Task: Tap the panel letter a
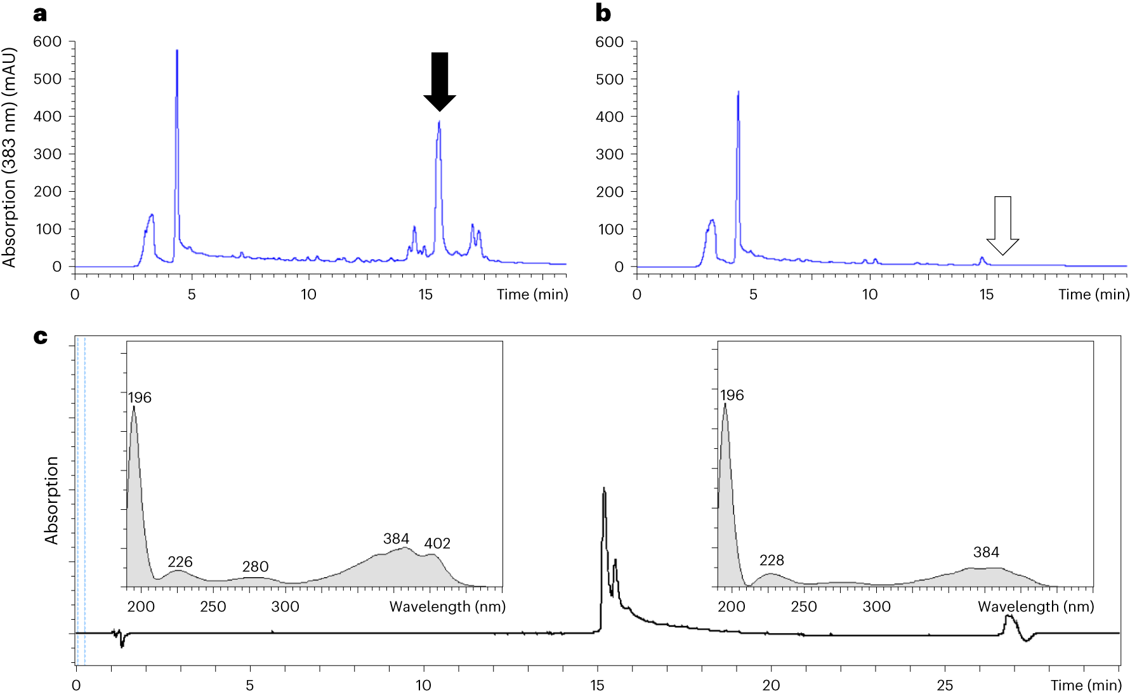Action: (40, 13)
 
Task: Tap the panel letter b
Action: (603, 13)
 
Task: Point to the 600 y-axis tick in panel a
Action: (48, 42)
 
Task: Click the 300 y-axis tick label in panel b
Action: (610, 154)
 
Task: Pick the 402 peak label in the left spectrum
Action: (437, 544)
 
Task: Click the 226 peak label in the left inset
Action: (180, 562)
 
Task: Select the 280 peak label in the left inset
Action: (255, 566)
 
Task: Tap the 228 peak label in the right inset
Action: (772, 560)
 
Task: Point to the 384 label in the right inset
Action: (986, 552)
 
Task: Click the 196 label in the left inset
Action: (140, 397)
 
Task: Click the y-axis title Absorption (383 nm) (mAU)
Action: (9, 157)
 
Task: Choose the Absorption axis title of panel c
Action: (51, 500)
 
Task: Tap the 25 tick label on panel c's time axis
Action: (945, 685)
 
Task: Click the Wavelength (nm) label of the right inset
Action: (1035, 606)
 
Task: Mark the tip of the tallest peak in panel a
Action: (177, 50)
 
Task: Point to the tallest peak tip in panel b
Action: (739, 92)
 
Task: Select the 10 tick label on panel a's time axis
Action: (308, 295)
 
